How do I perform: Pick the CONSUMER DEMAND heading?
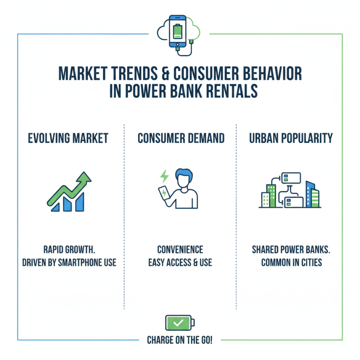click(x=180, y=138)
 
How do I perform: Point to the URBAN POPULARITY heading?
click(x=291, y=138)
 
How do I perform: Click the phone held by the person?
click(x=164, y=193)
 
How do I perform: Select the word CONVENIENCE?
click(x=180, y=249)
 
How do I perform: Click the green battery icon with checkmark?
click(x=179, y=323)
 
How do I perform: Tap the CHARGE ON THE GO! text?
click(x=180, y=340)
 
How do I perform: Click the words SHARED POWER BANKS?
click(x=291, y=249)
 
